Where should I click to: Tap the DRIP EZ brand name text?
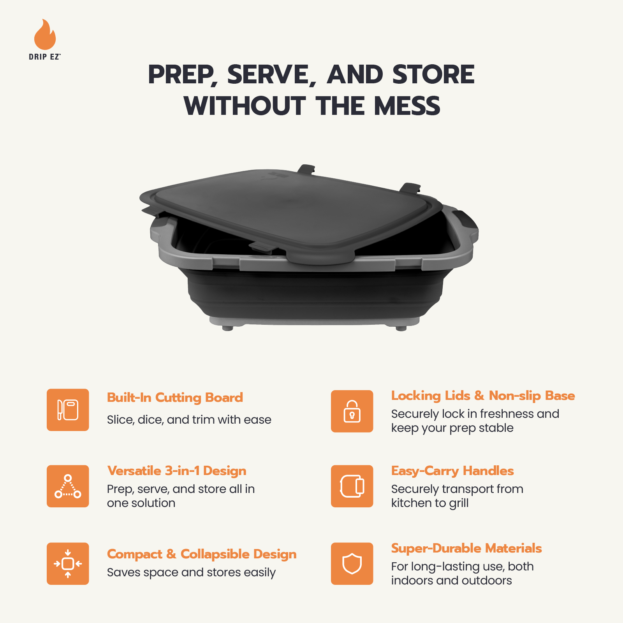pyautogui.click(x=44, y=57)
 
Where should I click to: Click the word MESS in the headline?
pyautogui.click(x=407, y=106)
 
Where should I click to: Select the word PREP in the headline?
pyautogui.click(x=181, y=75)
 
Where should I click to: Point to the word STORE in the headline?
pyautogui.click(x=433, y=75)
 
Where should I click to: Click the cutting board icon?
pyautogui.click(x=68, y=410)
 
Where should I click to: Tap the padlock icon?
pyautogui.click(x=352, y=411)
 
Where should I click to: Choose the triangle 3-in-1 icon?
pyautogui.click(x=68, y=486)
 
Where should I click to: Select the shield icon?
pyautogui.click(x=352, y=563)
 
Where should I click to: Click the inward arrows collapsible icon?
pyautogui.click(x=68, y=563)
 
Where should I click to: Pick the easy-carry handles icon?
pyautogui.click(x=352, y=486)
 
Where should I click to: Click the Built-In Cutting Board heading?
pyautogui.click(x=175, y=398)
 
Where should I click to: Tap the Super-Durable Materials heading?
pyautogui.click(x=466, y=548)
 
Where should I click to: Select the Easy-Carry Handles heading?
pyautogui.click(x=452, y=471)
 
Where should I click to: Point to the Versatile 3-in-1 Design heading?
pyautogui.click(x=176, y=471)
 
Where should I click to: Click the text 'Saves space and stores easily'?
pyautogui.click(x=191, y=572)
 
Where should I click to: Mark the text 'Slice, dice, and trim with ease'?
pyautogui.click(x=189, y=420)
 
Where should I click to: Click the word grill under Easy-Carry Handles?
pyautogui.click(x=458, y=503)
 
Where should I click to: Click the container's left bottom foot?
pyautogui.click(x=227, y=328)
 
